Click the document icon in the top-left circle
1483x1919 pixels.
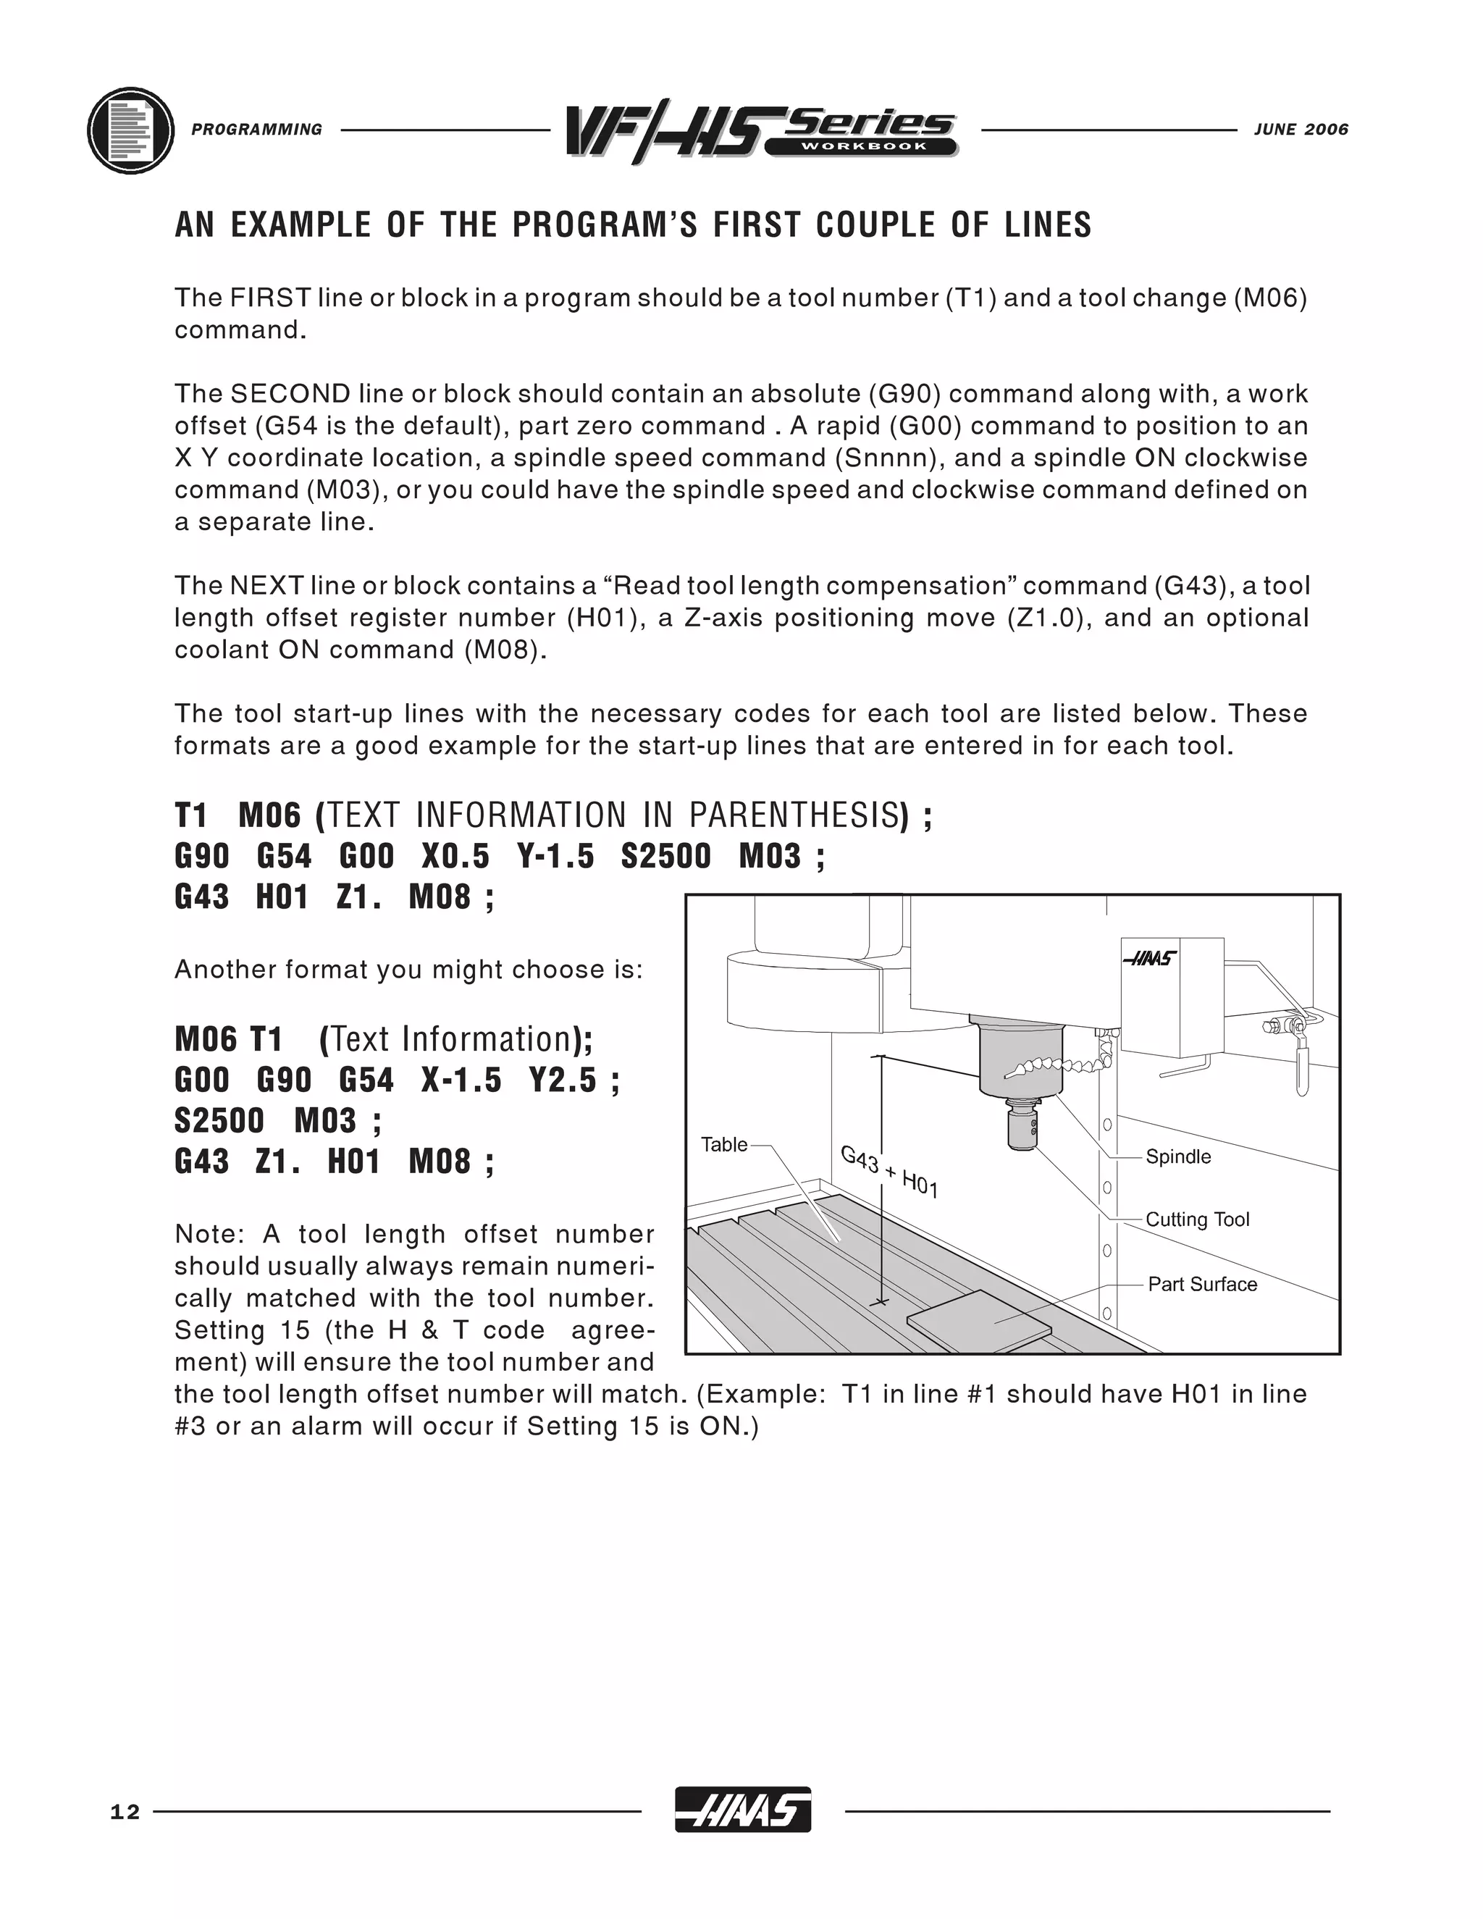[131, 131]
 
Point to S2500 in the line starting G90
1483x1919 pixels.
[665, 856]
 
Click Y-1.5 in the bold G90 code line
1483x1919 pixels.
[555, 856]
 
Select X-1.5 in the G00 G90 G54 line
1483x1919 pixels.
[461, 1080]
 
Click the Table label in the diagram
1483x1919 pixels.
[723, 1144]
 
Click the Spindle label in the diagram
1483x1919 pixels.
[1177, 1156]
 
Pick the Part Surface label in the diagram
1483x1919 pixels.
[1202, 1285]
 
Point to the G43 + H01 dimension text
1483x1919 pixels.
[889, 1172]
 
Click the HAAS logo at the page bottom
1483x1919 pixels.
[742, 1811]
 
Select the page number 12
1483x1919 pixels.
[125, 1813]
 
